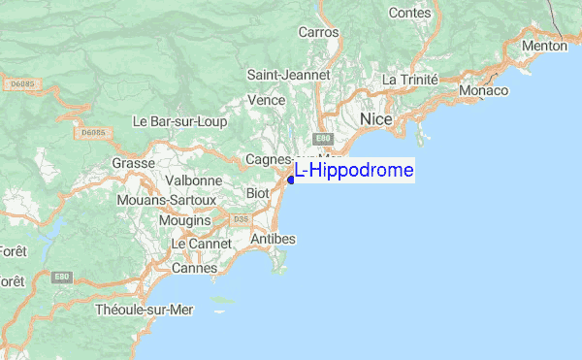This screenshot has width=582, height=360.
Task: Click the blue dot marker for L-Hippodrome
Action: (291, 179)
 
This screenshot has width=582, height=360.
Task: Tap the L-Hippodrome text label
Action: (355, 171)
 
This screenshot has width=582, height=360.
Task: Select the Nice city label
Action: (375, 118)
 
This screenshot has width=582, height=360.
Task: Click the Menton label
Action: (544, 46)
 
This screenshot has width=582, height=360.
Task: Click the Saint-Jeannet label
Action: (289, 75)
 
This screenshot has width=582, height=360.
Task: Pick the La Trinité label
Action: (410, 79)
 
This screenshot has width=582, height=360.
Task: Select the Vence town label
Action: (266, 100)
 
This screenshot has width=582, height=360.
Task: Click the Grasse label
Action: (134, 163)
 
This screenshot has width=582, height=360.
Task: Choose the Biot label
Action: (258, 193)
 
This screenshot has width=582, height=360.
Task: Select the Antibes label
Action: (273, 239)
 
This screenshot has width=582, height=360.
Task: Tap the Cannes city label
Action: (194, 267)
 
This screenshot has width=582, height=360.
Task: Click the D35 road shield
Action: (241, 219)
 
